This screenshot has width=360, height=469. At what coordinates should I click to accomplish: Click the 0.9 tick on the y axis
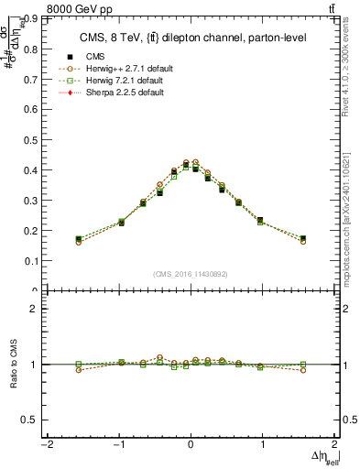coord(35,17)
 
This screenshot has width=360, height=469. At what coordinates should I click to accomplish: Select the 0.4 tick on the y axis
coord(35,169)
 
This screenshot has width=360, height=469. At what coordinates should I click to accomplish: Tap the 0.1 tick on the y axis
coord(35,260)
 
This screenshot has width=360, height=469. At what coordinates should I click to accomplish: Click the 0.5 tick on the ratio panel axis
coord(35,420)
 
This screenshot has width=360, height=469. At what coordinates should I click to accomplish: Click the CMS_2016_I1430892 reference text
coord(191,274)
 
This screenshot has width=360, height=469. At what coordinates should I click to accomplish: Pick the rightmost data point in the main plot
coord(303,239)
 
